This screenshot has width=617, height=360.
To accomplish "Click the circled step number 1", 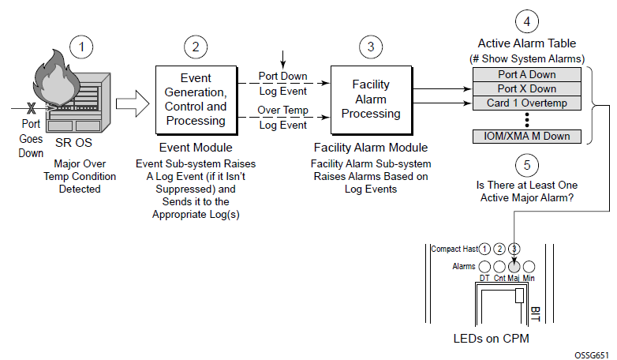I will point(80,46).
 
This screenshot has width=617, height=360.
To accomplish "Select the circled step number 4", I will point(527,21).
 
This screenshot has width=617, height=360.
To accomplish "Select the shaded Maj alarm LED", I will point(514,267).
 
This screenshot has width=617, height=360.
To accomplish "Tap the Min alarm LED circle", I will point(529,267).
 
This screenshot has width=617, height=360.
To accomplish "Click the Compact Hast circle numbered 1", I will point(484,249).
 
